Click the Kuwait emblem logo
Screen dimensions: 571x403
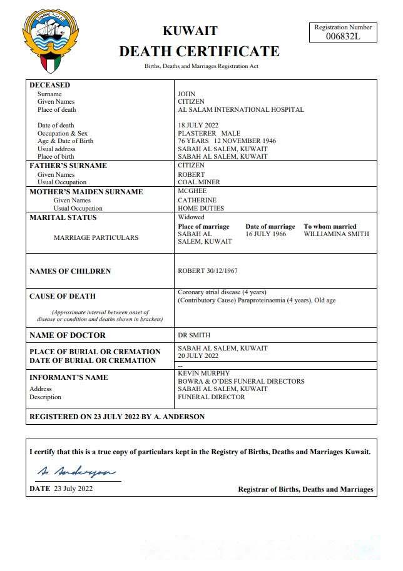pos(51,42)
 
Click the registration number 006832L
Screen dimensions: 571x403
pos(344,37)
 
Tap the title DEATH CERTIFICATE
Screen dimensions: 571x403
pos(199,51)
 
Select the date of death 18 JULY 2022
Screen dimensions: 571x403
pos(198,126)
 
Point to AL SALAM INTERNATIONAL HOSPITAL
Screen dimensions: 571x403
pos(241,110)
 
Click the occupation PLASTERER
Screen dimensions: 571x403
pos(197,134)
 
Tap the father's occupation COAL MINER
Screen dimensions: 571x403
pos(200,182)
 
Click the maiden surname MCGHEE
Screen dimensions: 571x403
pos(192,191)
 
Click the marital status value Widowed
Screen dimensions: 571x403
pos(191,217)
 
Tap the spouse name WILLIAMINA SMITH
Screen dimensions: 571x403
pos(337,234)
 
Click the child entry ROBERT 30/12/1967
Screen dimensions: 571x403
pos(208,271)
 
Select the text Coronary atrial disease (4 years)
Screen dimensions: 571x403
pos(222,292)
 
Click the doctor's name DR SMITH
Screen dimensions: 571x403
pos(195,335)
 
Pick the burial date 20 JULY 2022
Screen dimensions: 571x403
pos(198,356)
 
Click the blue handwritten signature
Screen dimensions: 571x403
pos(76,470)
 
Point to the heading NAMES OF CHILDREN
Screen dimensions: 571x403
pos(70,271)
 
